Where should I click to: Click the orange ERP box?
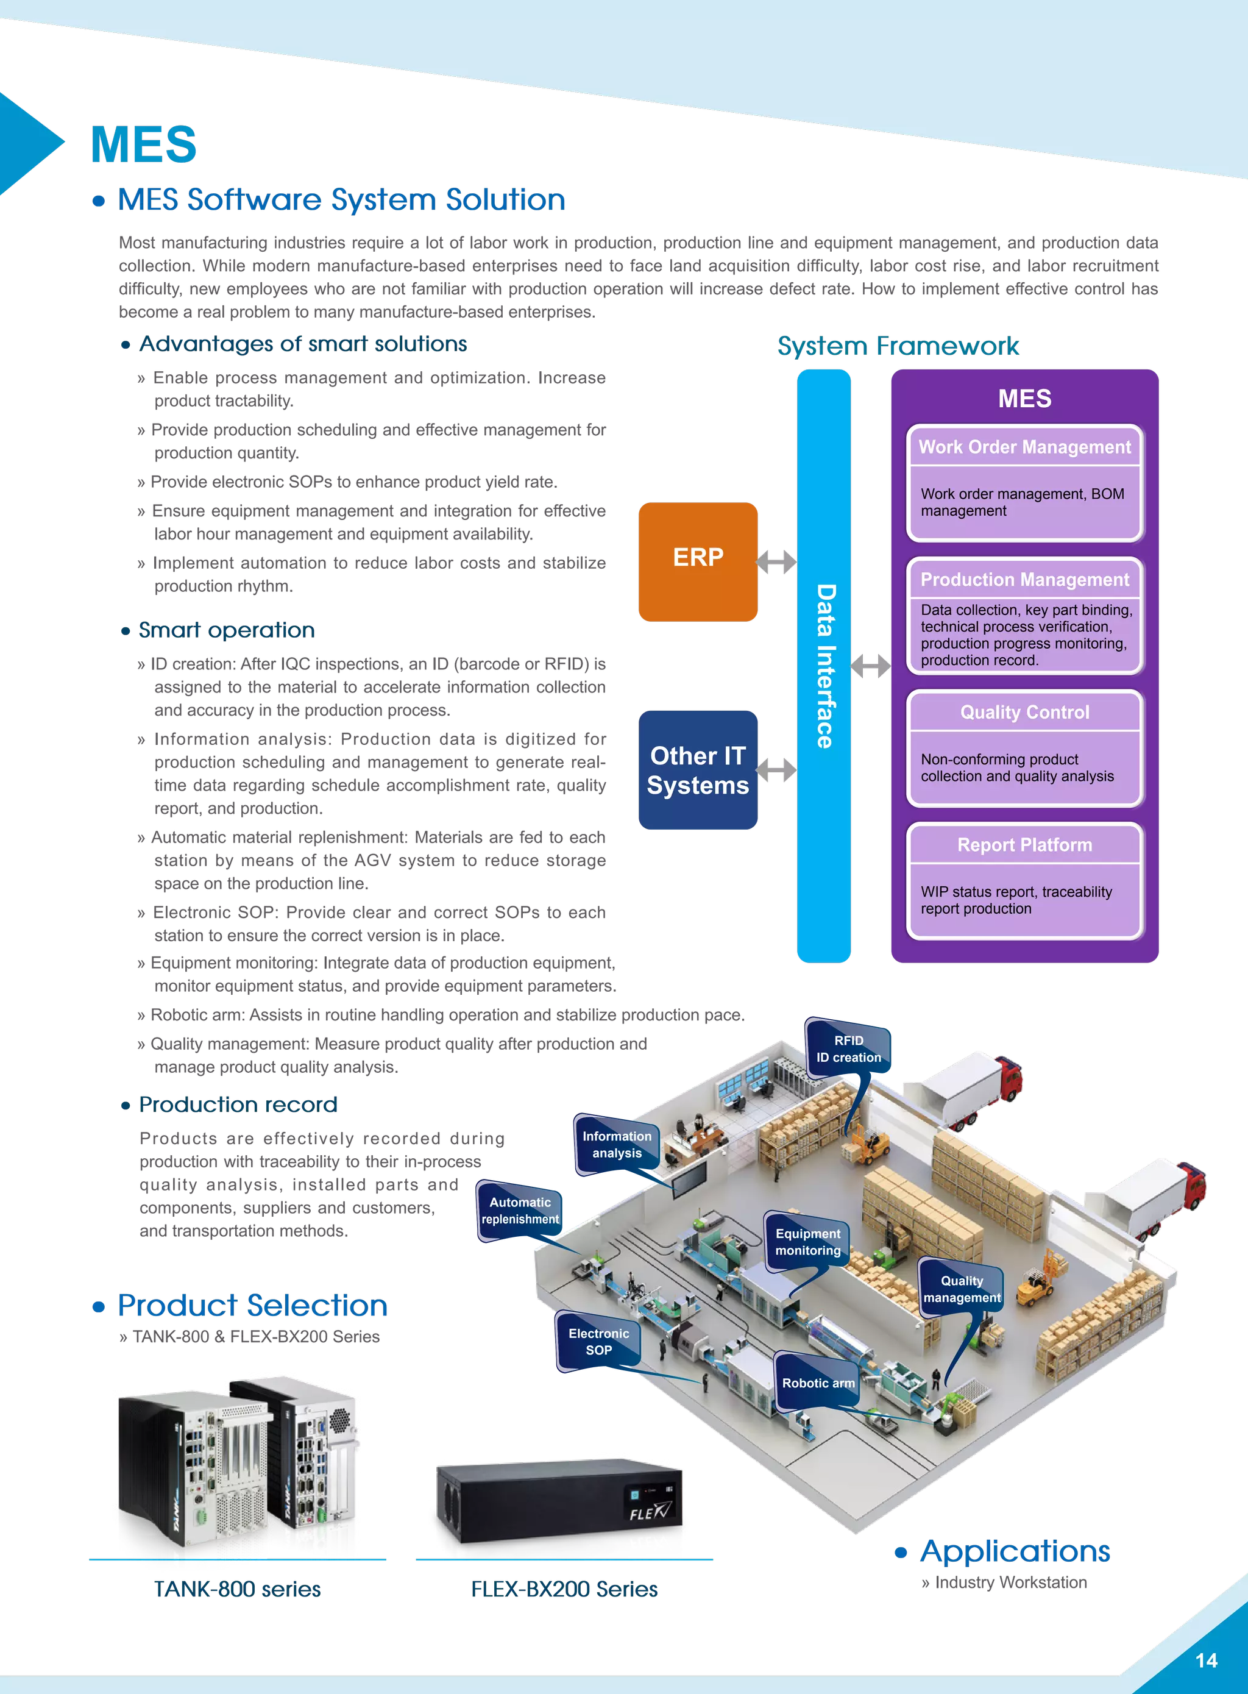698,561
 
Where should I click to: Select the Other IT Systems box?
698,770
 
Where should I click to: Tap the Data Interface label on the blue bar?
825,666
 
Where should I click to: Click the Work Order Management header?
1024,447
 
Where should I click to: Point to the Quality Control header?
1024,713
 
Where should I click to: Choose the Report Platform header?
1024,845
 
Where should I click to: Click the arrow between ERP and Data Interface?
776,561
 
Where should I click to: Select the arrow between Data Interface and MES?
870,666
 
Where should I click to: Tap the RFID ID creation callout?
848,1048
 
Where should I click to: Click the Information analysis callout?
617,1145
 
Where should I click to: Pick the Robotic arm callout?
818,1383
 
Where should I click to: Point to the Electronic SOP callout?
598,1341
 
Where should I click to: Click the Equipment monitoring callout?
807,1242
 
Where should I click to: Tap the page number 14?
1207,1660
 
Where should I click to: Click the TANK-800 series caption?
237,1590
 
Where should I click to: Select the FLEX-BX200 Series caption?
564,1590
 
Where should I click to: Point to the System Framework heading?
898,346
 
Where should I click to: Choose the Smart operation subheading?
227,630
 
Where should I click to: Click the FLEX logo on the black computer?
649,1512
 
